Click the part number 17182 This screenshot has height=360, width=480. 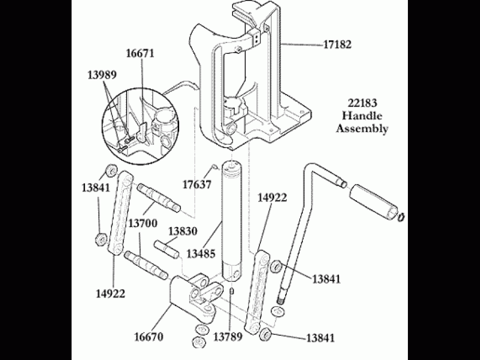pyautogui.click(x=337, y=45)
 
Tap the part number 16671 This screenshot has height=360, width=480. pyautogui.click(x=140, y=54)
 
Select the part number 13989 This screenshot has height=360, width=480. pyautogui.click(x=102, y=75)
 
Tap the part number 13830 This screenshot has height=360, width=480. pyautogui.click(x=183, y=231)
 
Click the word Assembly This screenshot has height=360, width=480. pyautogui.click(x=362, y=129)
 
